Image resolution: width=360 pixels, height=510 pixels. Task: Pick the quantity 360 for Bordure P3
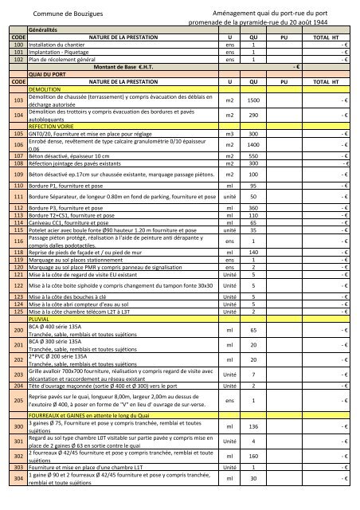pos(254,207)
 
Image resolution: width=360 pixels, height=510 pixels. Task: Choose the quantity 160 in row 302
pos(254,457)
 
